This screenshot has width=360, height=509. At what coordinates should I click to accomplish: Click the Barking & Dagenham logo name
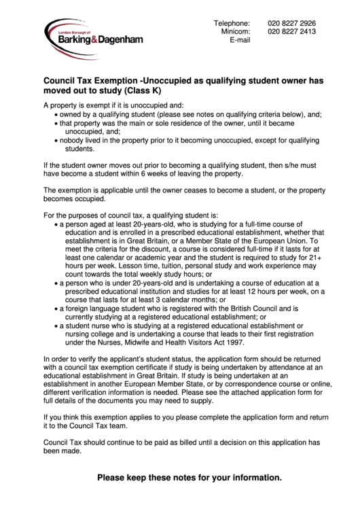pyautogui.click(x=100, y=40)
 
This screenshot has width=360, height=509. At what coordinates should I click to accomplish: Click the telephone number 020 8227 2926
pyautogui.click(x=291, y=23)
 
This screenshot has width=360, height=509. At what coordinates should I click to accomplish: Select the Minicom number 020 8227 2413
pyautogui.click(x=291, y=31)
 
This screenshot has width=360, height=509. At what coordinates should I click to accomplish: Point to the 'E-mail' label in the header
pyautogui.click(x=240, y=40)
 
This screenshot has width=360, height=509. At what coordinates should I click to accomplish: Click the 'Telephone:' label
pyautogui.click(x=232, y=23)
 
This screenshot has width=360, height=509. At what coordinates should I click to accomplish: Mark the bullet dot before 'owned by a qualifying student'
pyautogui.click(x=56, y=115)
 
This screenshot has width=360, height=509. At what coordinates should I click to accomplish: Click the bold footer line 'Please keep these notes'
pyautogui.click(x=189, y=478)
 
